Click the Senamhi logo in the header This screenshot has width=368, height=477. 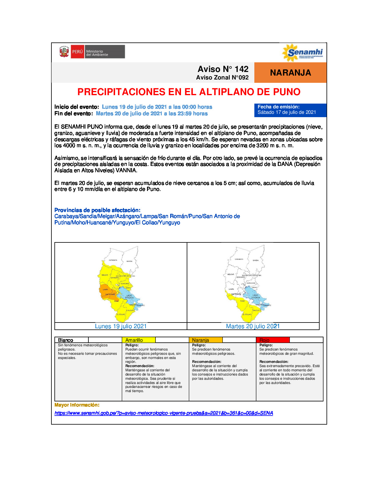tap(302, 53)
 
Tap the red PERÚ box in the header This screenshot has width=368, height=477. tap(77, 52)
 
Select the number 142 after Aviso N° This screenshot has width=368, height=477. tap(241, 69)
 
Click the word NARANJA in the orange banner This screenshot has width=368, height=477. tap(290, 73)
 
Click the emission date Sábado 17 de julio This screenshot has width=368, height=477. tap(287, 112)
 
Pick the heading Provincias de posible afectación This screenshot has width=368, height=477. tap(97, 210)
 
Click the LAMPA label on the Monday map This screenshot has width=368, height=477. tap(105, 290)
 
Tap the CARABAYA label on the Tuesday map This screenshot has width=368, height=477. tap(239, 259)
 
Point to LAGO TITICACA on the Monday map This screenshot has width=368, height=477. tap(129, 297)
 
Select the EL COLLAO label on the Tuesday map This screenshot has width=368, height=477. tap(247, 314)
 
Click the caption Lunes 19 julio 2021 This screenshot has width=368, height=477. tap(121, 326)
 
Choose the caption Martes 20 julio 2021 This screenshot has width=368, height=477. tap(253, 326)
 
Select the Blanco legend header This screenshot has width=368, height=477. tap(66, 340)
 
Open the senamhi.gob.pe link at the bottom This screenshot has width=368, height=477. tap(164, 413)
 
